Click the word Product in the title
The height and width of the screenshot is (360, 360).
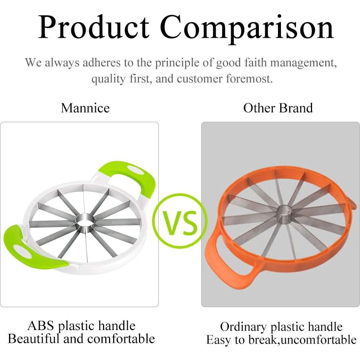coord(94,27)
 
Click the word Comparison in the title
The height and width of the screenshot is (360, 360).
coord(247,29)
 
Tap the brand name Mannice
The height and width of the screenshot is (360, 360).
coord(85,108)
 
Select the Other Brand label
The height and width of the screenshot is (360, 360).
coord(278,108)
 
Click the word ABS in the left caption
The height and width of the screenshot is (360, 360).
coord(41,326)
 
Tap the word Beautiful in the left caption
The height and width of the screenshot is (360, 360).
coord(34,339)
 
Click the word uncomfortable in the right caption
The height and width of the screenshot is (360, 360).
coord(319,340)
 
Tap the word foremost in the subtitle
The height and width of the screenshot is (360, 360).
coord(249,79)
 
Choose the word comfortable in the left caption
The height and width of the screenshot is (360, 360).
coord(121,339)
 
